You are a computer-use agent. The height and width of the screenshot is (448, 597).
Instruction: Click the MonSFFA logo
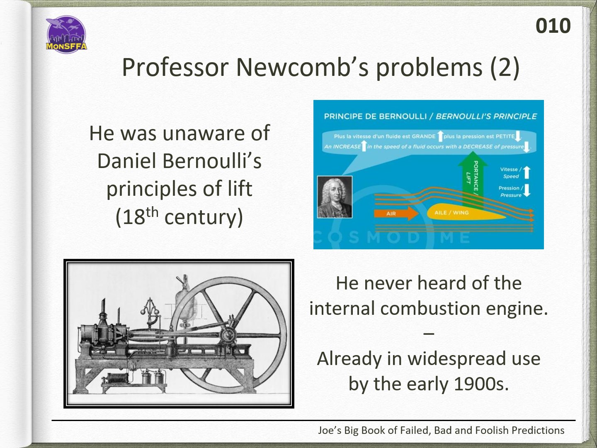66,34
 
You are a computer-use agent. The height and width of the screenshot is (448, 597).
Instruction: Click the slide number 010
553,26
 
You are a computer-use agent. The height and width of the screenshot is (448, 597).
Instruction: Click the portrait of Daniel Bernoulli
335,197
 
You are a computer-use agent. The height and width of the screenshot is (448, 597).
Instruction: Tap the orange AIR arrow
396,213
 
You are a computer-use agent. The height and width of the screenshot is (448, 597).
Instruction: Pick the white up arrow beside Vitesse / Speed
527,173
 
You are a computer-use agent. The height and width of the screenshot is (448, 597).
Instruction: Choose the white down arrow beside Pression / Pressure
527,190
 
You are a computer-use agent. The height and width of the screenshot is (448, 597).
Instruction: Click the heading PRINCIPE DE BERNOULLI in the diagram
375,117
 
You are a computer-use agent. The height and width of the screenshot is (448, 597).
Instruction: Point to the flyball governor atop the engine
150,312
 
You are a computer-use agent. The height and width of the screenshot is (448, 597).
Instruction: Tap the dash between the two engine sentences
429,334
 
